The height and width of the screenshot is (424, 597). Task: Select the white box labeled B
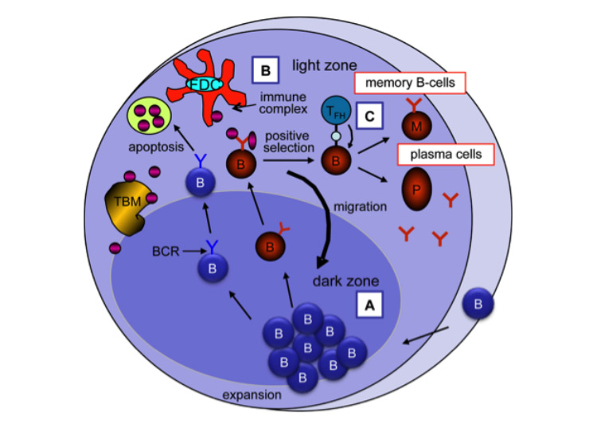(263, 71)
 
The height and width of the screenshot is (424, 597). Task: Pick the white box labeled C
(369, 117)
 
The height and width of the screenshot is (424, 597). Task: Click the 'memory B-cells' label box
(413, 82)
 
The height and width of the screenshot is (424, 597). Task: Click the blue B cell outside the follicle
(477, 305)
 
